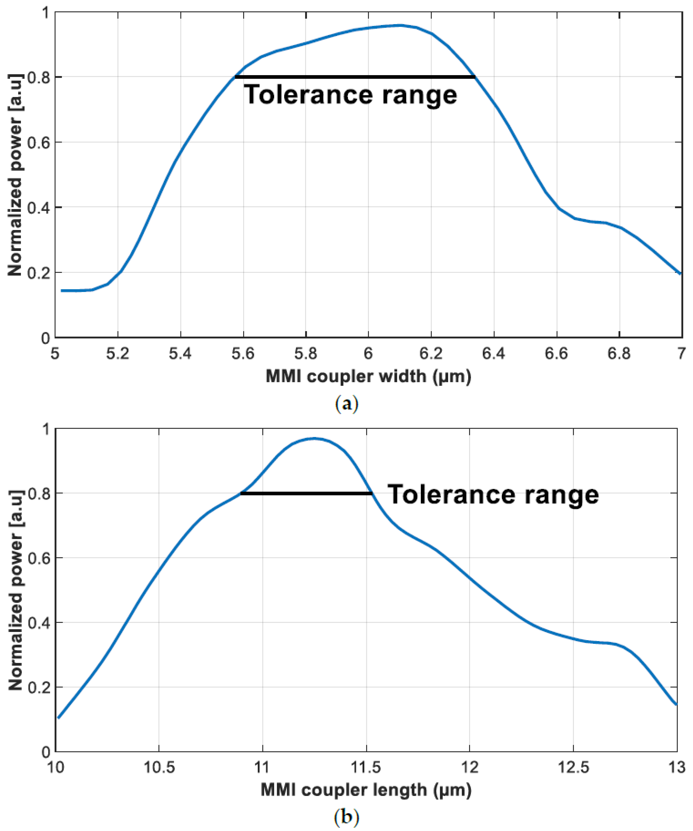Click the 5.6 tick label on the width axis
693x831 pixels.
point(243,353)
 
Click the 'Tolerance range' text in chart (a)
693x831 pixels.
point(350,95)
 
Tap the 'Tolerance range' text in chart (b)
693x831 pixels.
point(493,495)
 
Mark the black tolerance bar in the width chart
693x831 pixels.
point(355,77)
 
